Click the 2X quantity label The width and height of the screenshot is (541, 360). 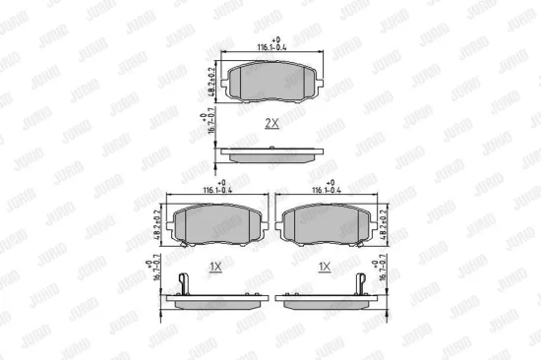click(271, 123)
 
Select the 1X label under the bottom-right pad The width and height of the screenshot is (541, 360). click(324, 267)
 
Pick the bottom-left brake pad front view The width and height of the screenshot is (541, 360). click(218, 224)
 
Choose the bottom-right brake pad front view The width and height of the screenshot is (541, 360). click(326, 224)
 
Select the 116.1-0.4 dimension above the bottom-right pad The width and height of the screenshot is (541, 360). click(327, 187)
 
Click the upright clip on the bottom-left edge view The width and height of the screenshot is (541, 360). click(184, 283)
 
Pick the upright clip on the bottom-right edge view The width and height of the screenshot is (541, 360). click(360, 283)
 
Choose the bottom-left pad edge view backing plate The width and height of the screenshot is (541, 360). click(218, 297)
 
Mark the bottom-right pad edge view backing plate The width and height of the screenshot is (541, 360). click(325, 297)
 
